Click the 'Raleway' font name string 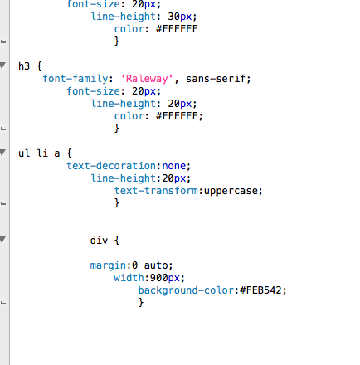(x=147, y=79)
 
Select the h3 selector (x=24, y=66)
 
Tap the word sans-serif (x=216, y=79)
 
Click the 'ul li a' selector (x=39, y=153)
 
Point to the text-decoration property (x=111, y=166)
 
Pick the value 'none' (x=174, y=166)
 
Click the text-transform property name (x=156, y=191)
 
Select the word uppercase (x=231, y=191)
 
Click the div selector (x=99, y=241)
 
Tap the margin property (x=108, y=265)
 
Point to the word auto (x=156, y=265)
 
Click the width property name (x=129, y=278)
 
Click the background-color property (x=186, y=290)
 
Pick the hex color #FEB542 (x=260, y=290)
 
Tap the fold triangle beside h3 (x=2, y=66)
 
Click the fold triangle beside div (x=2, y=240)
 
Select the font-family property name (x=75, y=79)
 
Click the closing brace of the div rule (x=141, y=302)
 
